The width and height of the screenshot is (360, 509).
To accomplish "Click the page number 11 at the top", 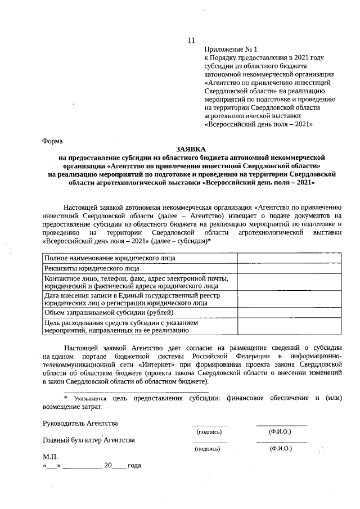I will click(x=191, y=40).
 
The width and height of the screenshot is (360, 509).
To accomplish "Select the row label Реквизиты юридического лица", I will click(x=92, y=268).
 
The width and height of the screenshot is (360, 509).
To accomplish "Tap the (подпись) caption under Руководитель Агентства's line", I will click(x=209, y=432).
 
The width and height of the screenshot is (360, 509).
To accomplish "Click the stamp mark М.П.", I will click(x=51, y=457).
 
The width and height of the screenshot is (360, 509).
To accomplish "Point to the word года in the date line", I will click(x=134, y=466).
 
